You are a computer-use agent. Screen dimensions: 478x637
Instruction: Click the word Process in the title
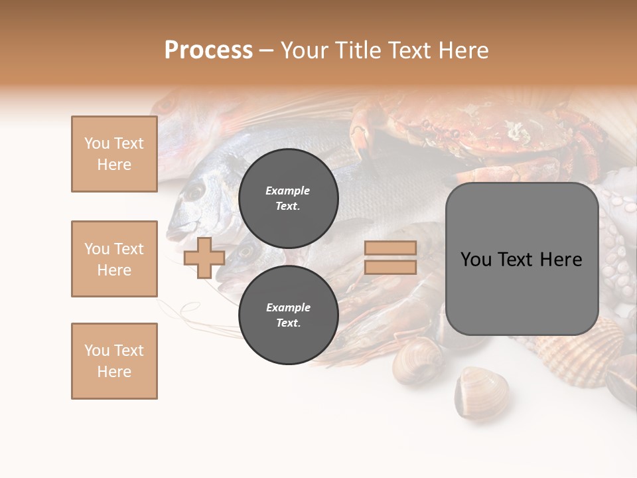[208, 50]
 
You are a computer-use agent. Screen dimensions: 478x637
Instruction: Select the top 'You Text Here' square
[114, 154]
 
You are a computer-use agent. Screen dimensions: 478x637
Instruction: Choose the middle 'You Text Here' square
[114, 259]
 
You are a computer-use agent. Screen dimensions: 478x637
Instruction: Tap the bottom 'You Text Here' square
[114, 361]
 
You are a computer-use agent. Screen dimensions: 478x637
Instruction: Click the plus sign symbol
[204, 258]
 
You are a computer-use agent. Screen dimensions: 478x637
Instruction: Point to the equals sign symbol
[390, 258]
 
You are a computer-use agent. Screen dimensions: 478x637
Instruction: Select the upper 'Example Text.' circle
[288, 198]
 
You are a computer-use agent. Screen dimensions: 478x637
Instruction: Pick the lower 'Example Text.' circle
[288, 315]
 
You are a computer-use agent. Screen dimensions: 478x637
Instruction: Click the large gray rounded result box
[522, 259]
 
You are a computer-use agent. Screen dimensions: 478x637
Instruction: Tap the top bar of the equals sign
[390, 248]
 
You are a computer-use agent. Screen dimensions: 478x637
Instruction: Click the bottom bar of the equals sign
[390, 268]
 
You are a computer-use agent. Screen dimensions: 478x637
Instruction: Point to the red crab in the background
[491, 133]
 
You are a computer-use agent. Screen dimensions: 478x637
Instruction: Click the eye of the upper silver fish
[194, 191]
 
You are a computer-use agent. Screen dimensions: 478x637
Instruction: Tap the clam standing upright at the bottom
[480, 392]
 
